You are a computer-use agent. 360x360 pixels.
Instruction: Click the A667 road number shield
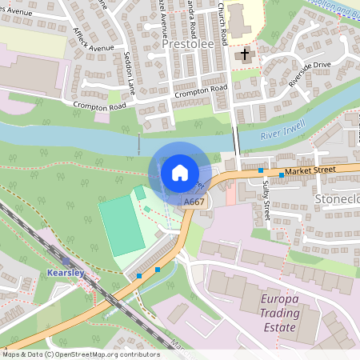coord(194,202)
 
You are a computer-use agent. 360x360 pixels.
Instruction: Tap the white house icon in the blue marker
coord(180,173)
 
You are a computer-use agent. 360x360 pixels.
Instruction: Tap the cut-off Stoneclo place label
coord(338,198)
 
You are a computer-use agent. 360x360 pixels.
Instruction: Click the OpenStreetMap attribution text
coord(80,354)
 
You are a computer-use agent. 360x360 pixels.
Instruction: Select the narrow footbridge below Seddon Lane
coord(138,144)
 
